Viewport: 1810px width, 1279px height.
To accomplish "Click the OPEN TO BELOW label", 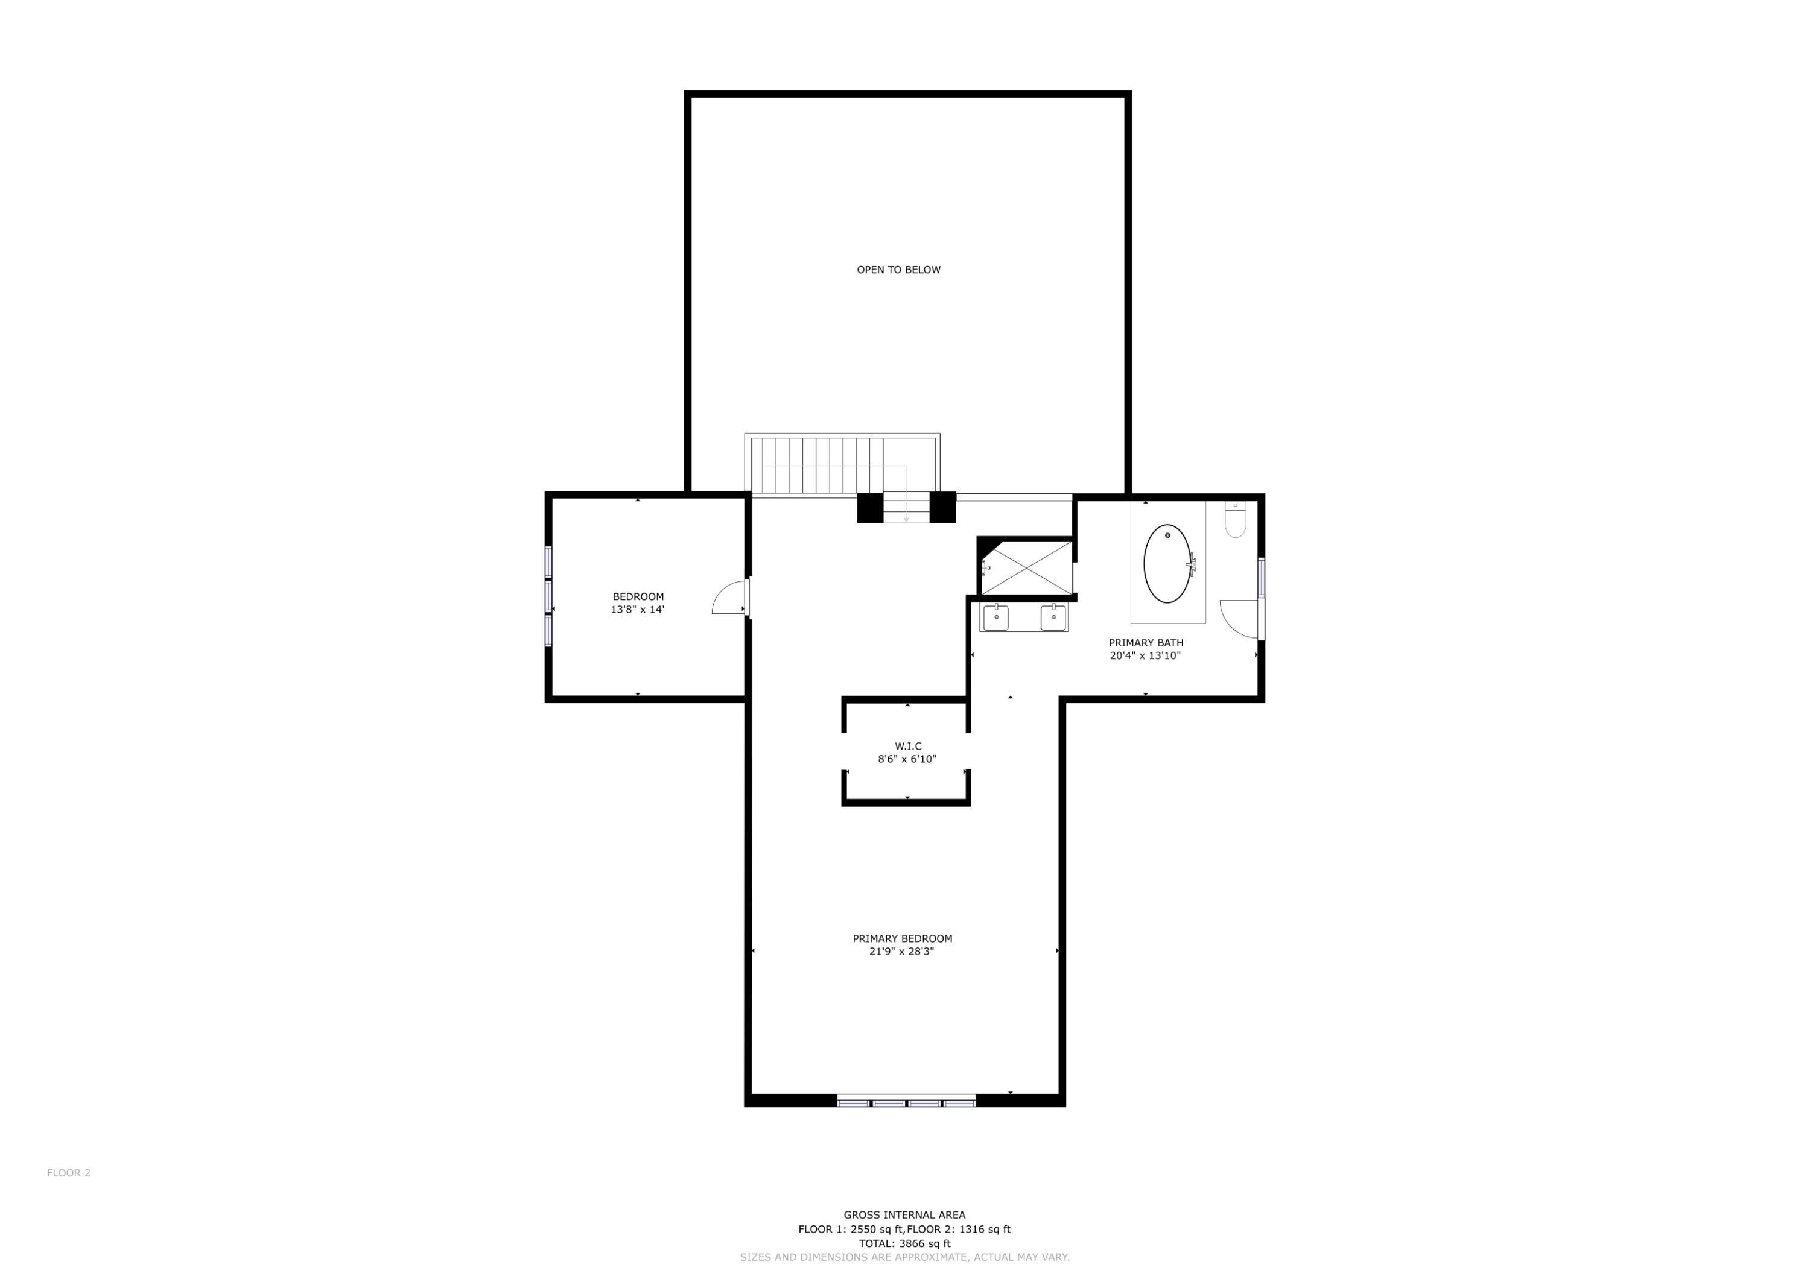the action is [899, 270].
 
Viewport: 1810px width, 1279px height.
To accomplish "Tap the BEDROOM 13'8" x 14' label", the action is [638, 603].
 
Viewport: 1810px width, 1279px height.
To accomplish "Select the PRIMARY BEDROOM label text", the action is [902, 938].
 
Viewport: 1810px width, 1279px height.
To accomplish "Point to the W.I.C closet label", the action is [908, 747].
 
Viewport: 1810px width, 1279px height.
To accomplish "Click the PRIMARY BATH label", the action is [1146, 643].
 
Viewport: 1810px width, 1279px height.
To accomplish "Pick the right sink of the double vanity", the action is [1053, 617].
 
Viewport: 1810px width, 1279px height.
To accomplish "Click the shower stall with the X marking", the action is [1026, 568].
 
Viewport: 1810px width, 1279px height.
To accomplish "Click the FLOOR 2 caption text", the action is [69, 1173].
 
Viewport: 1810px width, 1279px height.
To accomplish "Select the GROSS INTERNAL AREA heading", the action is [904, 1215].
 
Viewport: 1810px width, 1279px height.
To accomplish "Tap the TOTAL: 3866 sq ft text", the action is [904, 1243].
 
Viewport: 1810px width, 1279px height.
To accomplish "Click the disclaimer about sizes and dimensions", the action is [904, 1257].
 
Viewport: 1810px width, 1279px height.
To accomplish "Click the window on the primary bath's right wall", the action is [1262, 578].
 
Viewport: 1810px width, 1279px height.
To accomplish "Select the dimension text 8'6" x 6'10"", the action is [907, 759].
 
